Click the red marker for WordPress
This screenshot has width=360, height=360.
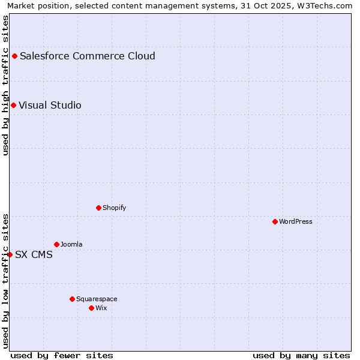pos(275,221)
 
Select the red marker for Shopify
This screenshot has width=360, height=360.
pos(98,208)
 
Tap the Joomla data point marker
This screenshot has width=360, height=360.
pos(56,244)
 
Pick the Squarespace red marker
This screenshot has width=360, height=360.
pos(72,299)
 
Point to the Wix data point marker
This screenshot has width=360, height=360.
pos(91,308)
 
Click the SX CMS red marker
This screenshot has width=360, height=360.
pos(10,254)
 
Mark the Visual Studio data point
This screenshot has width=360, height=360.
pos(13,105)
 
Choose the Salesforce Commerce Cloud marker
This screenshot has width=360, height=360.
pos(14,56)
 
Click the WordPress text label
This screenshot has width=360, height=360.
pos(296,221)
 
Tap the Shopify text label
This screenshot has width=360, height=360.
pos(115,208)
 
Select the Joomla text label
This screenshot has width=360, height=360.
pos(71,244)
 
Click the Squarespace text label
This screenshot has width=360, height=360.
pos(97,299)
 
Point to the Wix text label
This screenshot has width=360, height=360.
pos(101,308)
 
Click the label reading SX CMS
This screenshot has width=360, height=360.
pos(34,254)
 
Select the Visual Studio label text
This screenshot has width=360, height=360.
pos(50,105)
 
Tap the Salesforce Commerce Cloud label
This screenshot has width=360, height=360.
pos(88,56)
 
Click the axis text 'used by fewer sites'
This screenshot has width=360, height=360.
pos(62,355)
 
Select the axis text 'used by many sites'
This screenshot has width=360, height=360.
pos(301,355)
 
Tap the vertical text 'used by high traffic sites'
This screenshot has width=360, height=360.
pos(5,85)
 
